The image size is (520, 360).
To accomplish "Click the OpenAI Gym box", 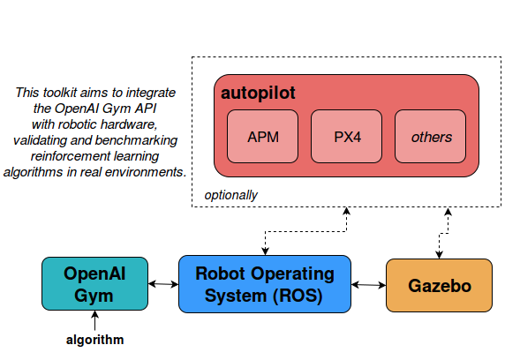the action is point(94,284).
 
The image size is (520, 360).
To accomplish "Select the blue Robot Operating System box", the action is point(265,284).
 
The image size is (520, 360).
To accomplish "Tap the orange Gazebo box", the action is point(439,285).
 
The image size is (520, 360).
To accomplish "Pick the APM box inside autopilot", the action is point(263,136).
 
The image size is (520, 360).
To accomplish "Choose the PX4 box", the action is point(347,136).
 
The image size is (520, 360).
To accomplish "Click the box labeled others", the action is point(431,136).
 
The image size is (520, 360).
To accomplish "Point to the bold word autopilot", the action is point(258,94).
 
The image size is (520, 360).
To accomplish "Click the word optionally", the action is point(230,195).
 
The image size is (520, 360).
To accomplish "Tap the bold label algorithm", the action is point(94,340).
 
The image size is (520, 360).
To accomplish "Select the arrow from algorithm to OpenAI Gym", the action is point(94,320).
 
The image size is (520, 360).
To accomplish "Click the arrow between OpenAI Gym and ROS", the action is point(163,284).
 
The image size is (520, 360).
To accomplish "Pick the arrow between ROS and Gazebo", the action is point(368,284).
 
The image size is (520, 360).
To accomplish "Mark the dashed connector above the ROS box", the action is point(305,231).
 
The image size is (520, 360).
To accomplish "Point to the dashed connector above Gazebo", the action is point(444,233).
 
